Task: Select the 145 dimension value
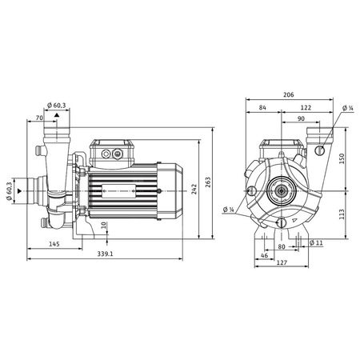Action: click(x=54, y=243)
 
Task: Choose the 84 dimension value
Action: click(x=262, y=107)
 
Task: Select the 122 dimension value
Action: click(x=306, y=107)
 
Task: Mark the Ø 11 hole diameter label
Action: click(x=314, y=242)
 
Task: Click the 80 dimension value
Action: click(x=281, y=247)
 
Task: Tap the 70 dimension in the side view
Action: click(x=40, y=118)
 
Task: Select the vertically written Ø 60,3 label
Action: click(x=10, y=191)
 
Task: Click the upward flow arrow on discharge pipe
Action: click(x=56, y=116)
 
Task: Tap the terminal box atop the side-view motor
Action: click(x=112, y=151)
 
